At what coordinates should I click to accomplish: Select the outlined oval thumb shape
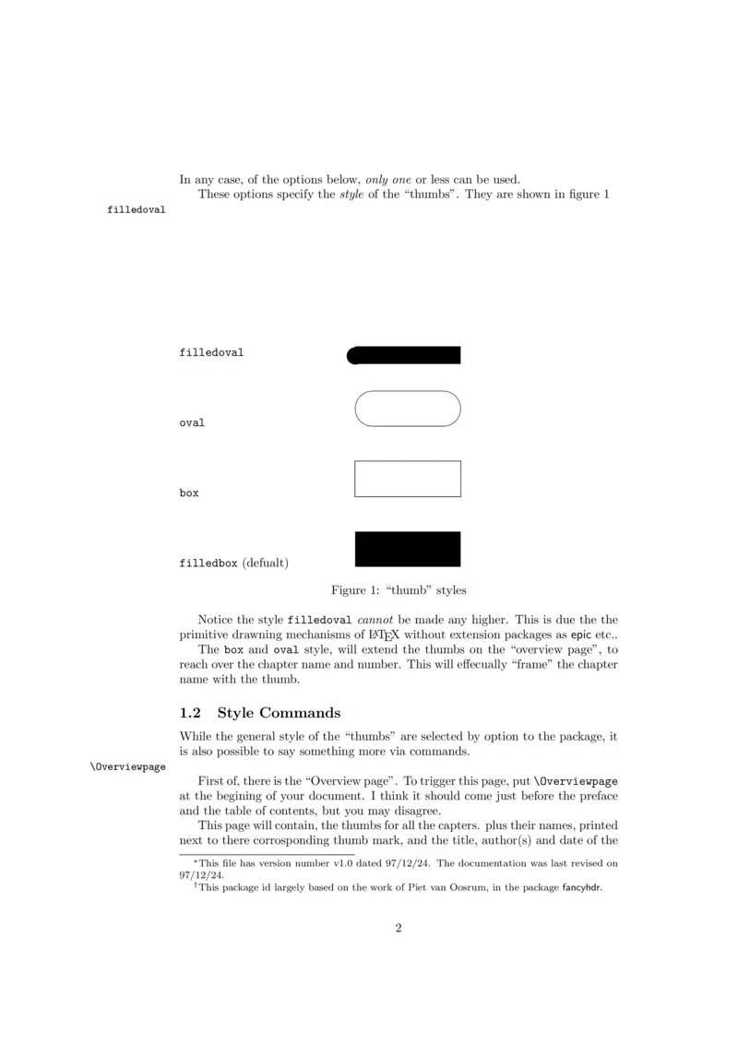[407, 409]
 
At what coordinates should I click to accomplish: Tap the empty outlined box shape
[407, 479]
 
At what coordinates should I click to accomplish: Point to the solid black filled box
[407, 549]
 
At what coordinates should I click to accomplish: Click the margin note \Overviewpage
[127, 766]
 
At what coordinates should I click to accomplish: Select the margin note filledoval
[137, 210]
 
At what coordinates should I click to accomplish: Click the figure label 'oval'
[192, 423]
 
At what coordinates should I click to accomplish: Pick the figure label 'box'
[189, 493]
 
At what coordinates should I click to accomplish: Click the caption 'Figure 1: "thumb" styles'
[399, 590]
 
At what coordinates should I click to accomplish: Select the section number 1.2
[191, 713]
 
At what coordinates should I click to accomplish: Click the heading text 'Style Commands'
[279, 713]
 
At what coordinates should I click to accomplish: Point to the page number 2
[399, 928]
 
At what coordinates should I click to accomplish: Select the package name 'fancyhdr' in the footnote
[581, 890]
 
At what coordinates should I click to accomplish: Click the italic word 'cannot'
[375, 619]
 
